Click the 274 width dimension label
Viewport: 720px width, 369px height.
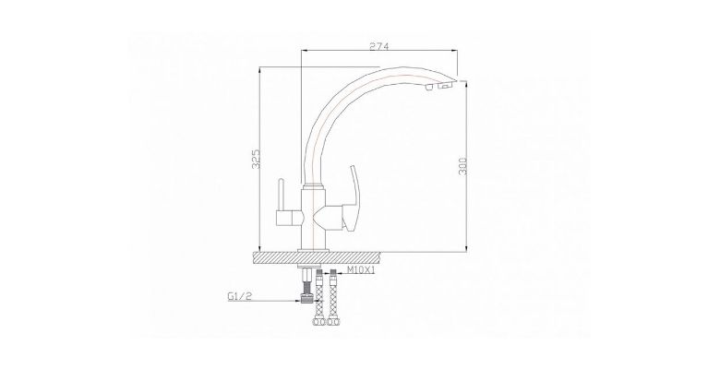click(x=379, y=46)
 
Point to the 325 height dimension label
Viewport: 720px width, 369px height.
click(x=258, y=159)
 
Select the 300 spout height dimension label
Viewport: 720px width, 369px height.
click(x=463, y=166)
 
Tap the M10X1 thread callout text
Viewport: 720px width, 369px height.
click(x=361, y=270)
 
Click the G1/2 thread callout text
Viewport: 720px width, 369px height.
click(x=240, y=297)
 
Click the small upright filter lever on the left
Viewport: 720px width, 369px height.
click(x=281, y=196)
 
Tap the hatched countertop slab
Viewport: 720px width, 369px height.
click(x=317, y=257)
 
